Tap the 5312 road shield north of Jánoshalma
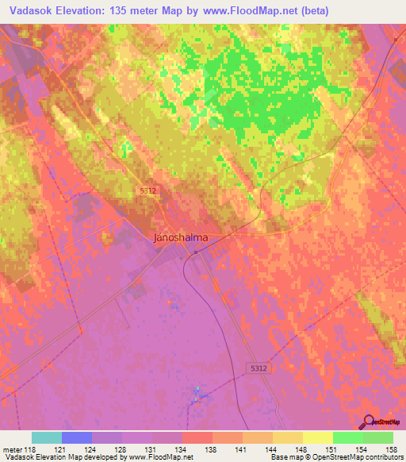coord(147,191)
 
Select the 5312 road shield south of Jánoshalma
coord(252,368)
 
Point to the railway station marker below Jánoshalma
coord(196,253)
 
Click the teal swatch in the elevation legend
coord(47,437)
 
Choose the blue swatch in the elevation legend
coord(77,437)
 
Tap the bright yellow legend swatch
coord(317,437)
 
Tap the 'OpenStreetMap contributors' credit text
coord(361,456)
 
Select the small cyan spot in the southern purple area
coord(198,391)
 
